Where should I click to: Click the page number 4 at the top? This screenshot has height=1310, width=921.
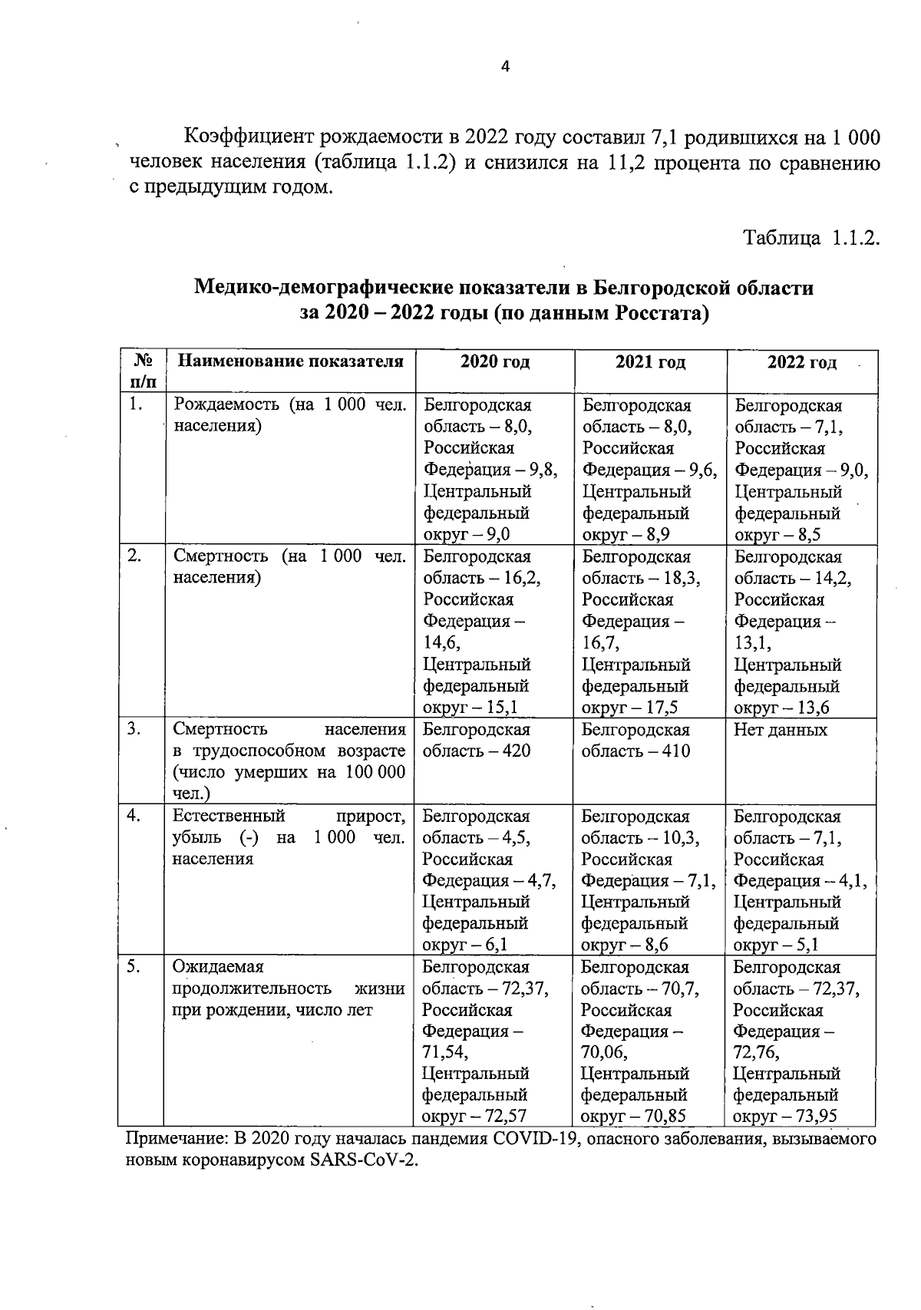coord(505,67)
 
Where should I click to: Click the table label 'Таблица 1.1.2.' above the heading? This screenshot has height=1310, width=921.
coord(810,238)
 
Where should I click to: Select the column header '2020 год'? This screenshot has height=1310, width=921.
coord(494,362)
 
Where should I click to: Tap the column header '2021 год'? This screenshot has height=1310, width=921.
coord(650,362)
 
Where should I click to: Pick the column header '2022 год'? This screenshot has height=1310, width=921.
coord(801,362)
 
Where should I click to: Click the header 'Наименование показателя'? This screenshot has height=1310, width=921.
coord(290,361)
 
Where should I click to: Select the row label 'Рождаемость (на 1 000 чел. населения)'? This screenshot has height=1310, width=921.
coord(289,415)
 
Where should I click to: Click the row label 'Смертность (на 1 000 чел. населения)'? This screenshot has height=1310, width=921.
coord(289,566)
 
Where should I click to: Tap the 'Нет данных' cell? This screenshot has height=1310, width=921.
coord(781,730)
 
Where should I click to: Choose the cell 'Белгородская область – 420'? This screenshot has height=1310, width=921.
coord(477,740)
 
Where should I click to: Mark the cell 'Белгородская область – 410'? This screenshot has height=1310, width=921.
coord(635,740)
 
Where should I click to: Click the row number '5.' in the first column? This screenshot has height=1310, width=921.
coord(134,967)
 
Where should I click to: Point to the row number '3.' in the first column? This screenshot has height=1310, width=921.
coord(134,729)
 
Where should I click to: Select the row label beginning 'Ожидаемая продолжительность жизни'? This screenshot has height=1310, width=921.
coord(289,988)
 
